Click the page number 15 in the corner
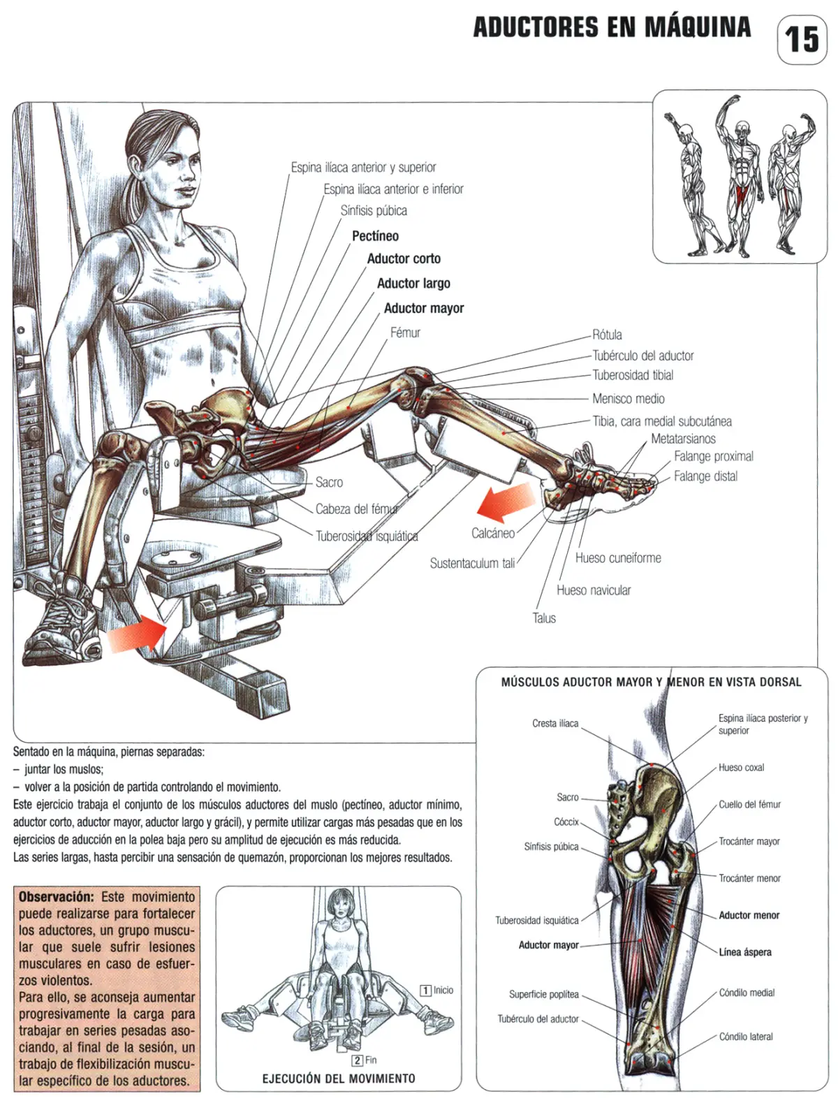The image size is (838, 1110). (802, 39)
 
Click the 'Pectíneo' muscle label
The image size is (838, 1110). (375, 236)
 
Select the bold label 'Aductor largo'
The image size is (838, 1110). (413, 283)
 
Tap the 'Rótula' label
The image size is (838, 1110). (607, 335)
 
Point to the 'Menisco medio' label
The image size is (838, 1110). (628, 398)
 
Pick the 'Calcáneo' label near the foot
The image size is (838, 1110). (493, 533)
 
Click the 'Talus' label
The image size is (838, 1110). (544, 618)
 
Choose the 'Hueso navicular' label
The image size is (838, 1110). (594, 590)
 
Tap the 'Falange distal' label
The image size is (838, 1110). (705, 476)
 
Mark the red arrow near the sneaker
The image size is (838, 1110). (137, 635)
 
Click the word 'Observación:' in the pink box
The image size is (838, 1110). (56, 897)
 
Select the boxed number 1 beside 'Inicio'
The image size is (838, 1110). (425, 991)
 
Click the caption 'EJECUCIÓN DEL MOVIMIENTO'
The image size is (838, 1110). (339, 1079)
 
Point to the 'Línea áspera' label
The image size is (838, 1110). (745, 952)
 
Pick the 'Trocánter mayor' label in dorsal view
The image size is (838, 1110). (749, 842)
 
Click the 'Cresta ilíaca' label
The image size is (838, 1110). (555, 723)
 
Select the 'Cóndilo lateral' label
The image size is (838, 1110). (746, 1037)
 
